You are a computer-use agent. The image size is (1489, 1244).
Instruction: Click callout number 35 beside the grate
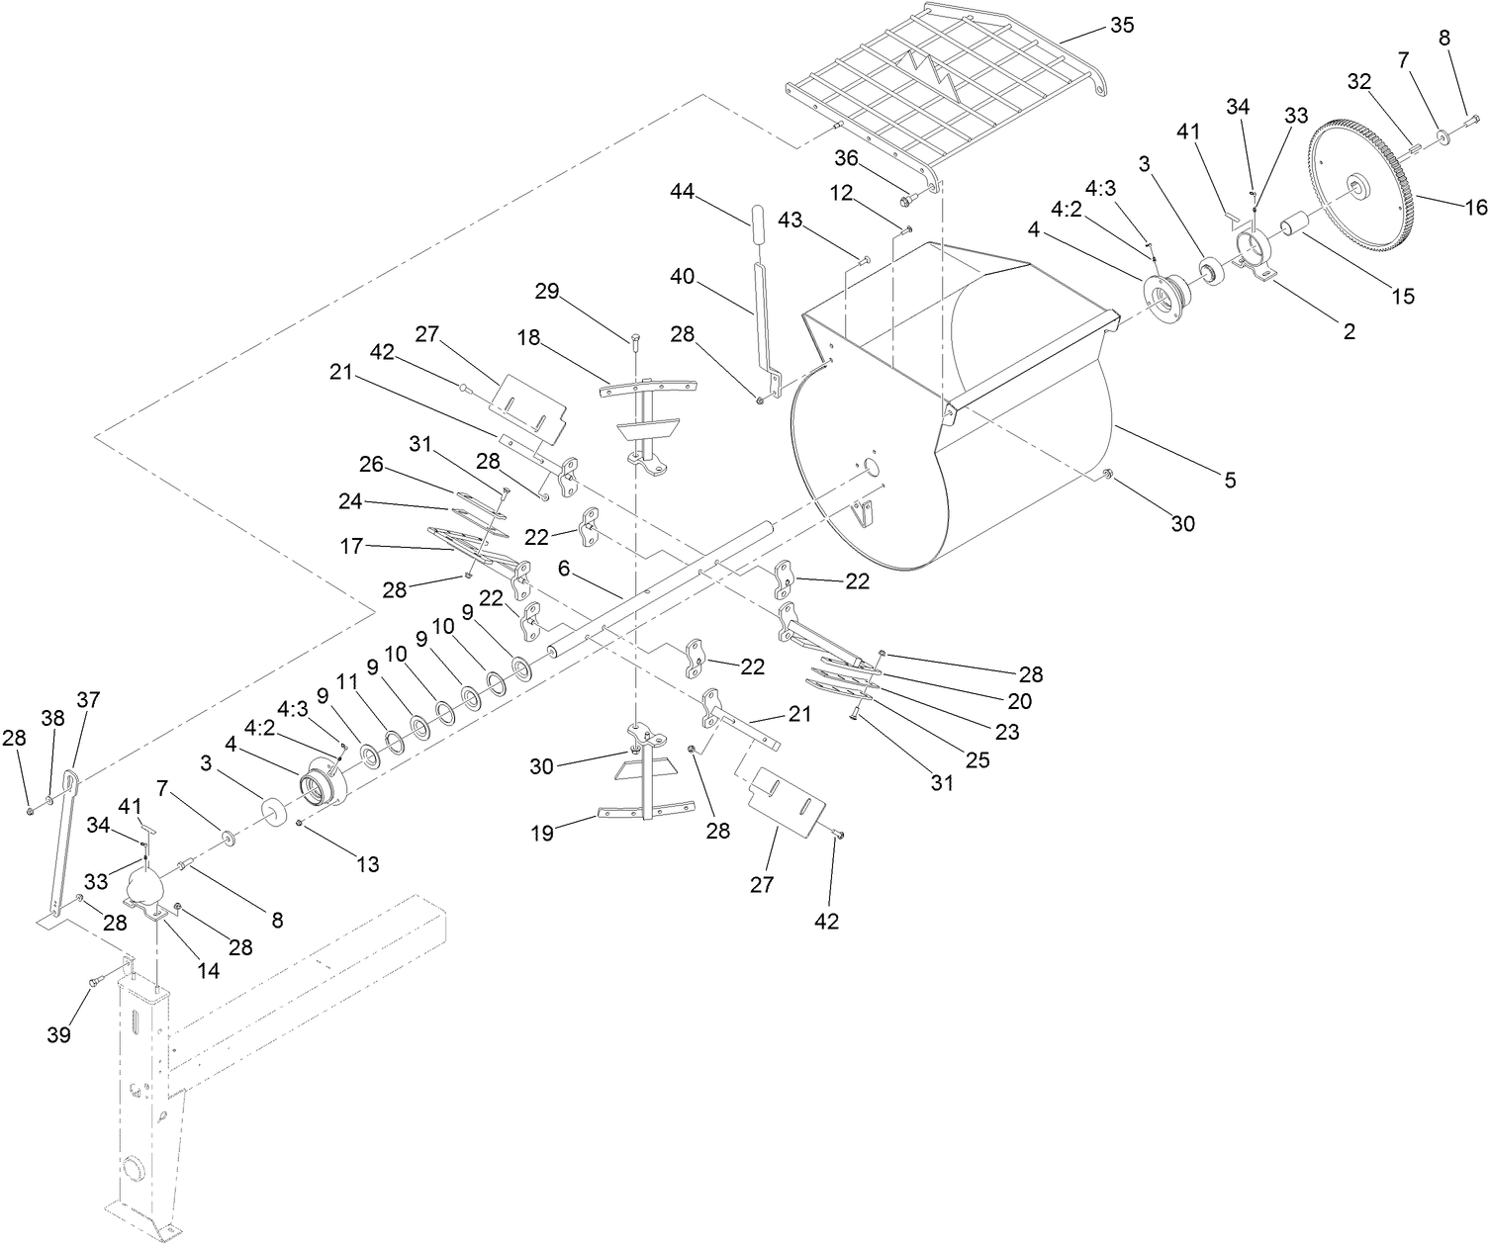coord(1121,26)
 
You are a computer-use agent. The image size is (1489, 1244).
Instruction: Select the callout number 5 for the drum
coord(1229,481)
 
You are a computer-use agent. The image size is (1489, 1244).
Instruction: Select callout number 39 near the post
coord(58,1035)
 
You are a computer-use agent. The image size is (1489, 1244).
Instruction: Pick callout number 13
coord(367,864)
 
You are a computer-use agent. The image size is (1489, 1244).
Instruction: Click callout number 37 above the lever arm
coord(88,700)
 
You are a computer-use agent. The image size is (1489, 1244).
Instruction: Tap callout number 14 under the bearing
coord(208,971)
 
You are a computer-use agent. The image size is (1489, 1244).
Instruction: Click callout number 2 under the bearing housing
coord(1348,332)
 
